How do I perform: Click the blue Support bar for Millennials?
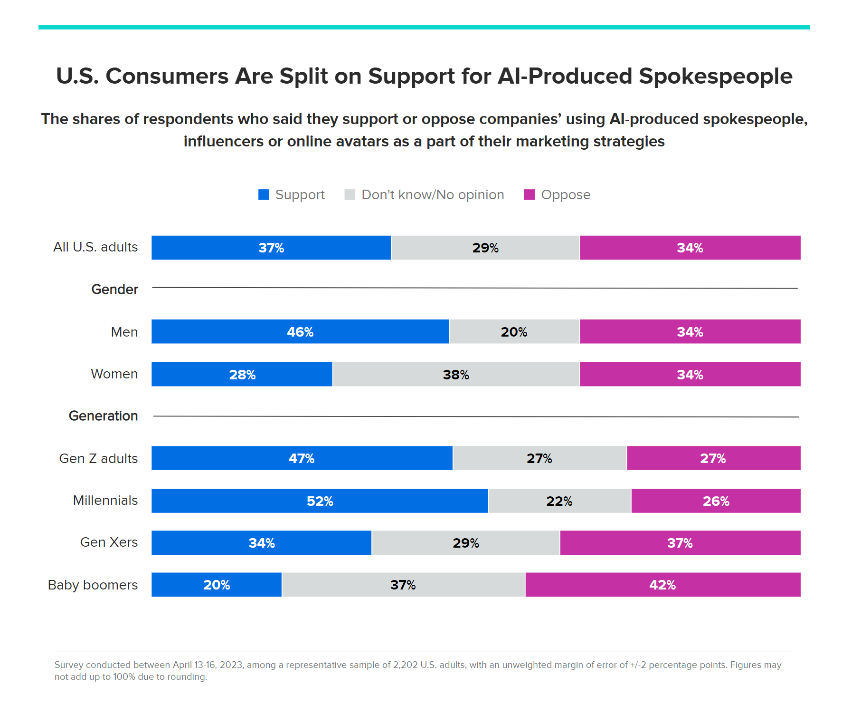320,501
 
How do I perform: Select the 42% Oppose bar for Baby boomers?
662,584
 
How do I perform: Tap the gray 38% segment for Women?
456,374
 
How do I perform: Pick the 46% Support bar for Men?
300,331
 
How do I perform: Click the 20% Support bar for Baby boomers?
217,584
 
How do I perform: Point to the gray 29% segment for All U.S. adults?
485,248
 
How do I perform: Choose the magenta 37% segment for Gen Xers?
680,542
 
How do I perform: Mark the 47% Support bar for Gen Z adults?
302,458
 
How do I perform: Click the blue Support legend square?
264,194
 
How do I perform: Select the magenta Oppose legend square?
529,194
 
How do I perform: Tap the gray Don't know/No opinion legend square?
350,194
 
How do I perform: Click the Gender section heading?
114,289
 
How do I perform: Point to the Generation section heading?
103,415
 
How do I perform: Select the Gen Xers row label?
109,542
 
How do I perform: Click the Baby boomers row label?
93,584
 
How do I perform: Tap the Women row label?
114,374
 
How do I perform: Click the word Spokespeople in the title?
715,76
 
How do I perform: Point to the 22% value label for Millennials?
559,501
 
